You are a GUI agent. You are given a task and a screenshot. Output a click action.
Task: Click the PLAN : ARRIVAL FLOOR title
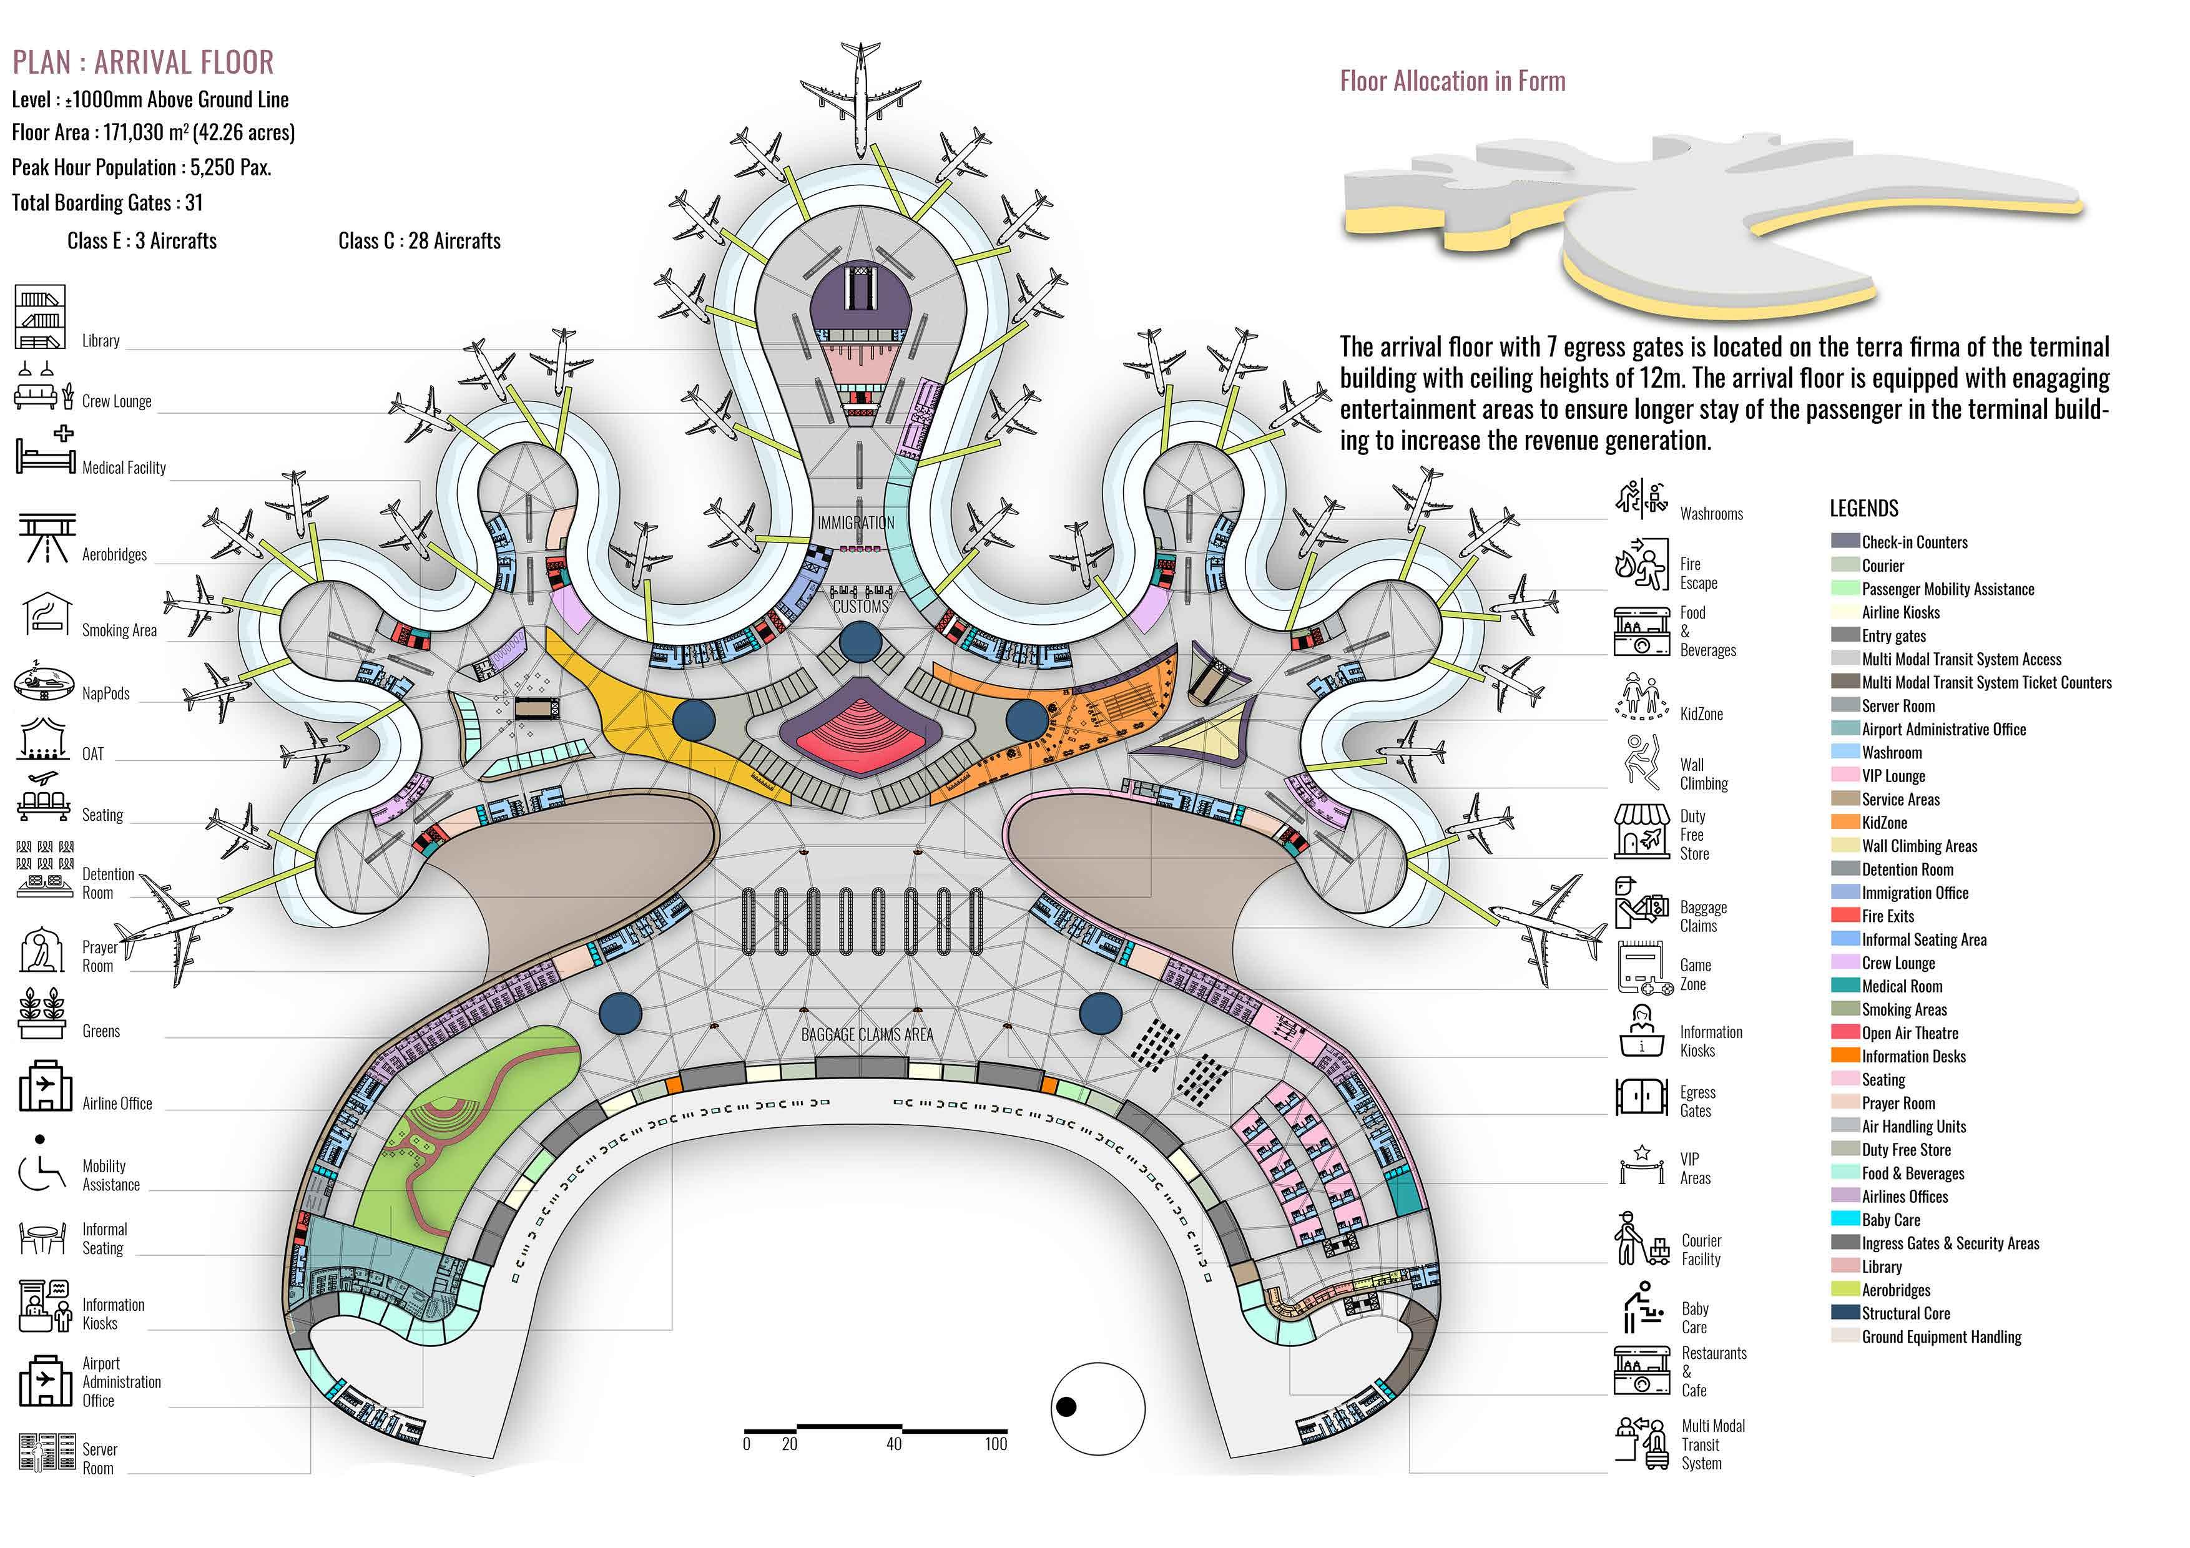pos(143,63)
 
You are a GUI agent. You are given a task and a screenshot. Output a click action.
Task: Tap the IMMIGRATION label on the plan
pos(856,522)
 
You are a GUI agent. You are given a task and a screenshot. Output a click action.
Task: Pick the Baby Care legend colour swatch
pos(1845,1219)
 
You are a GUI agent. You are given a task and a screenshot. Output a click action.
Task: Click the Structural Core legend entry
pos(1906,1313)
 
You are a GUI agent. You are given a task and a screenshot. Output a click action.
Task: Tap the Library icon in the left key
pos(40,316)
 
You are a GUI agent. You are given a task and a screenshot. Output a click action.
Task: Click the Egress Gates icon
pos(1641,1097)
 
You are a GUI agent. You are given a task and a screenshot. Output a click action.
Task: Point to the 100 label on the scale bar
pos(996,1444)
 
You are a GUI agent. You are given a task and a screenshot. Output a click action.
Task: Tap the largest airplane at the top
pos(860,96)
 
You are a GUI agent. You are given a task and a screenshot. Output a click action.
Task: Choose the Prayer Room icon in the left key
pos(40,950)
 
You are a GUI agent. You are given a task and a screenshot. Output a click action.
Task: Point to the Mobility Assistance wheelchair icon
pos(40,1168)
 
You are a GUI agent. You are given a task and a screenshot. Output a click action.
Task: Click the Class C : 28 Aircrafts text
pos(419,242)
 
